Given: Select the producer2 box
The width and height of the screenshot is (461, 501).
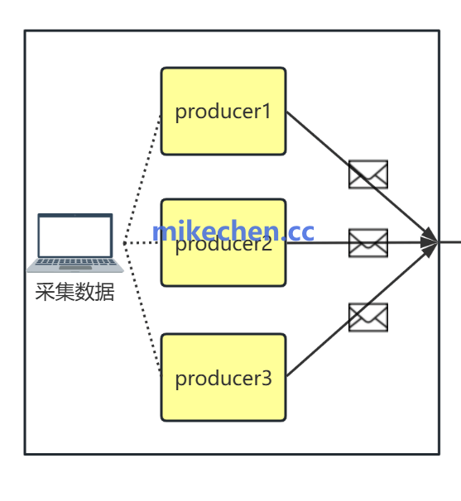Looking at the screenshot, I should pyautogui.click(x=223, y=265).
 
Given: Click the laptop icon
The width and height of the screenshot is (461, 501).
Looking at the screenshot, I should pyautogui.click(x=75, y=242).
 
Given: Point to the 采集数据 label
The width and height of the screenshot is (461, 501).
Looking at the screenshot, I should pyautogui.click(x=74, y=292).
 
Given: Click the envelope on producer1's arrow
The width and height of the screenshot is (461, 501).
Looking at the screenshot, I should pyautogui.click(x=368, y=174).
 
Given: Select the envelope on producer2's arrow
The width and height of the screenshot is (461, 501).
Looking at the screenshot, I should pyautogui.click(x=368, y=243).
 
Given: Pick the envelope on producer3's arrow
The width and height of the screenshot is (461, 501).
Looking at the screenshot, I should pyautogui.click(x=368, y=317).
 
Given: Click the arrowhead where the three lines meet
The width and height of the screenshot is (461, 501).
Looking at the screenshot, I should pyautogui.click(x=430, y=242).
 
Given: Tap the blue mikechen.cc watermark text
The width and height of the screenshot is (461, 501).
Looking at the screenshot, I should pyautogui.click(x=233, y=231).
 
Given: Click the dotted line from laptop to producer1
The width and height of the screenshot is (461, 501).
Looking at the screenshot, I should pyautogui.click(x=142, y=179).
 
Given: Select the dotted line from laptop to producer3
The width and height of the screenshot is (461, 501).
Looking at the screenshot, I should pyautogui.click(x=142, y=310).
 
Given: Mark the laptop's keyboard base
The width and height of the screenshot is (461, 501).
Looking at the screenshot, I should pyautogui.click(x=75, y=265).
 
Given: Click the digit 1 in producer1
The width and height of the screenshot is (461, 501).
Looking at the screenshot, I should pyautogui.click(x=267, y=111).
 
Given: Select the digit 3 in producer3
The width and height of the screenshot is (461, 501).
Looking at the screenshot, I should pyautogui.click(x=267, y=379).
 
